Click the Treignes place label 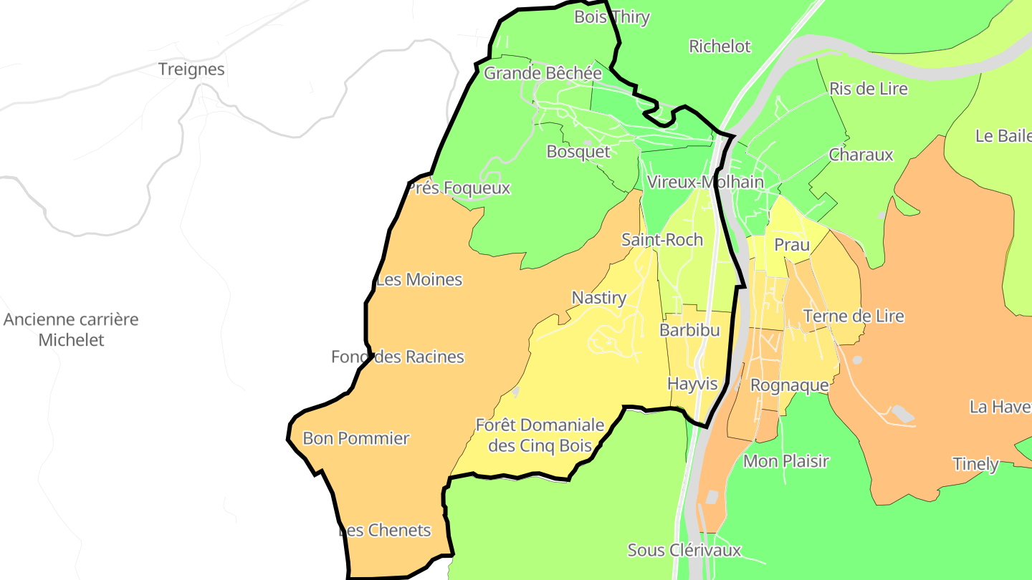(x=191, y=69)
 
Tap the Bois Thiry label (x=611, y=17)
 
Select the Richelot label (x=720, y=47)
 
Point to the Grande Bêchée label (x=543, y=73)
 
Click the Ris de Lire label (x=868, y=89)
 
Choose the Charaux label (x=861, y=155)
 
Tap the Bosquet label (x=578, y=152)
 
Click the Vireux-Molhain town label (x=705, y=182)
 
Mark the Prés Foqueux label (x=459, y=188)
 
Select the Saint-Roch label (x=662, y=240)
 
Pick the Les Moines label (x=419, y=279)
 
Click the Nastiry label (x=599, y=298)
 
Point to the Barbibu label (x=689, y=330)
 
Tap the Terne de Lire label (x=854, y=316)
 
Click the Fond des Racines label (x=398, y=357)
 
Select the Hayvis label (x=692, y=384)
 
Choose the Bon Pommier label (x=356, y=438)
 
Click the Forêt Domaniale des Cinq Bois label (x=540, y=435)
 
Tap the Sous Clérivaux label (x=684, y=551)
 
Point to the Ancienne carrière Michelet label (x=71, y=329)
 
